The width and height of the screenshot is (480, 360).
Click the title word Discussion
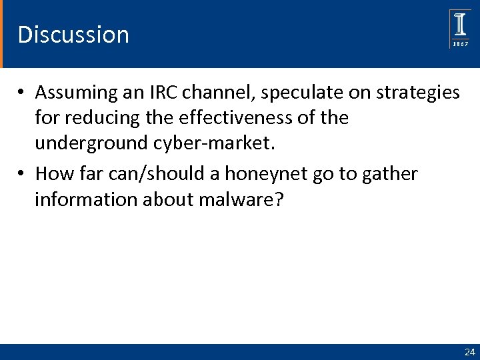(x=73, y=34)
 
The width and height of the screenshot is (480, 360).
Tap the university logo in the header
(x=460, y=29)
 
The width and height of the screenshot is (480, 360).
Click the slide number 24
(x=469, y=351)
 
